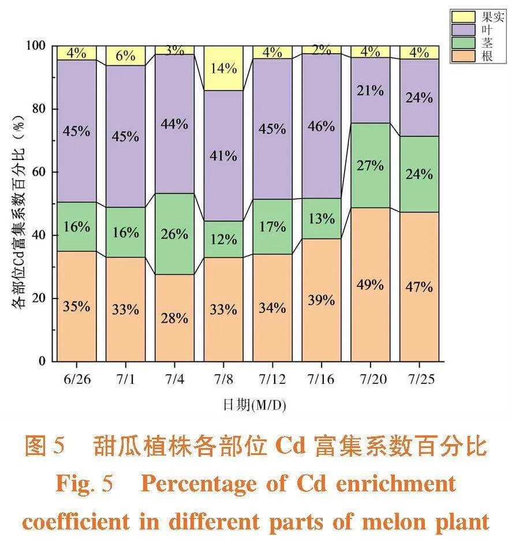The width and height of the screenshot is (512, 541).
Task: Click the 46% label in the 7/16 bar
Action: pos(321,126)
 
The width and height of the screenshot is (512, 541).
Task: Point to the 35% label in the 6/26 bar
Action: pos(76,307)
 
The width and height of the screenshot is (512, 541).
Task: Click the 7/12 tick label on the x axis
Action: pos(272,379)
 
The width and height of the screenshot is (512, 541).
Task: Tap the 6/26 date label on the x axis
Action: pos(76,379)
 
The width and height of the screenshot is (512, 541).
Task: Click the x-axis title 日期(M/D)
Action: pos(254,405)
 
